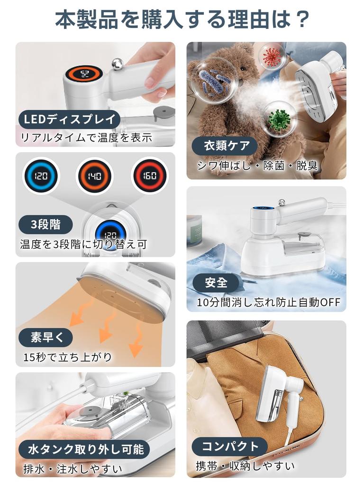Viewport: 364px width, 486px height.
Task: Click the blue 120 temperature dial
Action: [41, 176]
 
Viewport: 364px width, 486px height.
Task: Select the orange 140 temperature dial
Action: [94, 176]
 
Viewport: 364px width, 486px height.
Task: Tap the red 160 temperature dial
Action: [149, 176]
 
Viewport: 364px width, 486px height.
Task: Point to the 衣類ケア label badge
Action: [225, 145]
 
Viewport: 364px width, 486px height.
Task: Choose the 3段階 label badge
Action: [45, 224]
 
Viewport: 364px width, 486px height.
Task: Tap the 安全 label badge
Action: [216, 282]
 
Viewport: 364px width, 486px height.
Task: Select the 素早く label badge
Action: [45, 337]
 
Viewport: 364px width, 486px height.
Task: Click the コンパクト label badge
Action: [229, 447]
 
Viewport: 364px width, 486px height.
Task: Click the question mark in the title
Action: [300, 19]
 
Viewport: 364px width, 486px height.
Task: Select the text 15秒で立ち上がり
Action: [67, 357]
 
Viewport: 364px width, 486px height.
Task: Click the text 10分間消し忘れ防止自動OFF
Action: [269, 302]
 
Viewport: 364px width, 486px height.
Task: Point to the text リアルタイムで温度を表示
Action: [86, 137]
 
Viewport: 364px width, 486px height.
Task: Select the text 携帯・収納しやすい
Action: [245, 466]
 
